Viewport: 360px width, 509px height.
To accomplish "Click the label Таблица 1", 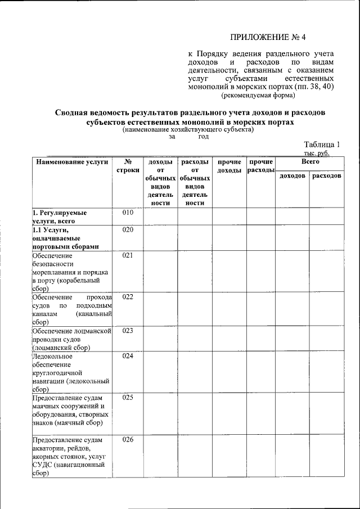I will click(322, 144).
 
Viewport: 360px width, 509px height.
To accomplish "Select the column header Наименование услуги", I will click(71, 162).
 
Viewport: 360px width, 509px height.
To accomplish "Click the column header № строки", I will click(128, 166).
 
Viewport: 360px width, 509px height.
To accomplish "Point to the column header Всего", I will click(310, 161).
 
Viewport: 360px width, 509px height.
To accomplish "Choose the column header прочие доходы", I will click(229, 166).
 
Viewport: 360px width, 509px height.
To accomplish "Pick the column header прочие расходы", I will click(260, 166).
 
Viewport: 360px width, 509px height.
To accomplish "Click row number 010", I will click(128, 213).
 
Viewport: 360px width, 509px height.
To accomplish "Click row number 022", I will click(128, 296).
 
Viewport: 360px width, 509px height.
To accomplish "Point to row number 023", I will click(128, 330).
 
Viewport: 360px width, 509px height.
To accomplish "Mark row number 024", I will click(128, 355).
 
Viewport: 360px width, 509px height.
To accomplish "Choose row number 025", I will click(128, 398).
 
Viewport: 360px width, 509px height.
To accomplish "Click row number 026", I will click(128, 439).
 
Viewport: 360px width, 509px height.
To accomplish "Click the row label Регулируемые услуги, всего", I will click(60, 217).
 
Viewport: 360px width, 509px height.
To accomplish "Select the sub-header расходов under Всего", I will click(326, 176).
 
